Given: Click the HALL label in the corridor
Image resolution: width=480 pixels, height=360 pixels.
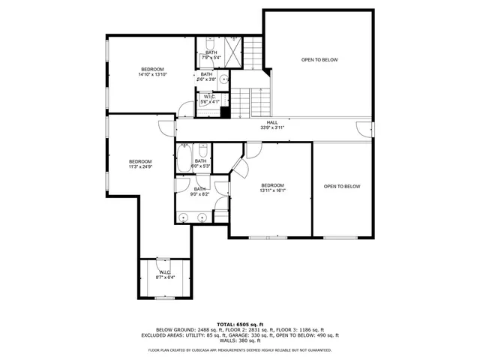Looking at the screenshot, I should [272, 122].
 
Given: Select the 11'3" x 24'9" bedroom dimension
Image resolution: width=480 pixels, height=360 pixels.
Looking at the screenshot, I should [140, 167].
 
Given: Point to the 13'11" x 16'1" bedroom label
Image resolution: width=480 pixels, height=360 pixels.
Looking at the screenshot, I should [272, 190].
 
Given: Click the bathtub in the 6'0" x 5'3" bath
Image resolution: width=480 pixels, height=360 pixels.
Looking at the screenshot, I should [184, 160].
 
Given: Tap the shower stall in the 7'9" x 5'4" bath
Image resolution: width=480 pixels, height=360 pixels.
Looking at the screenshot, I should [233, 51].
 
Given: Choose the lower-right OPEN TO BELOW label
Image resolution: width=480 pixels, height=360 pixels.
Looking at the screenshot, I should [342, 186].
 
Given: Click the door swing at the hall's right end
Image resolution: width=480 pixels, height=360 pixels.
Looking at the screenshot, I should [364, 129].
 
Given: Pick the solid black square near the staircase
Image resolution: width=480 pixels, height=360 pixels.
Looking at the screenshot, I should [223, 113].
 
